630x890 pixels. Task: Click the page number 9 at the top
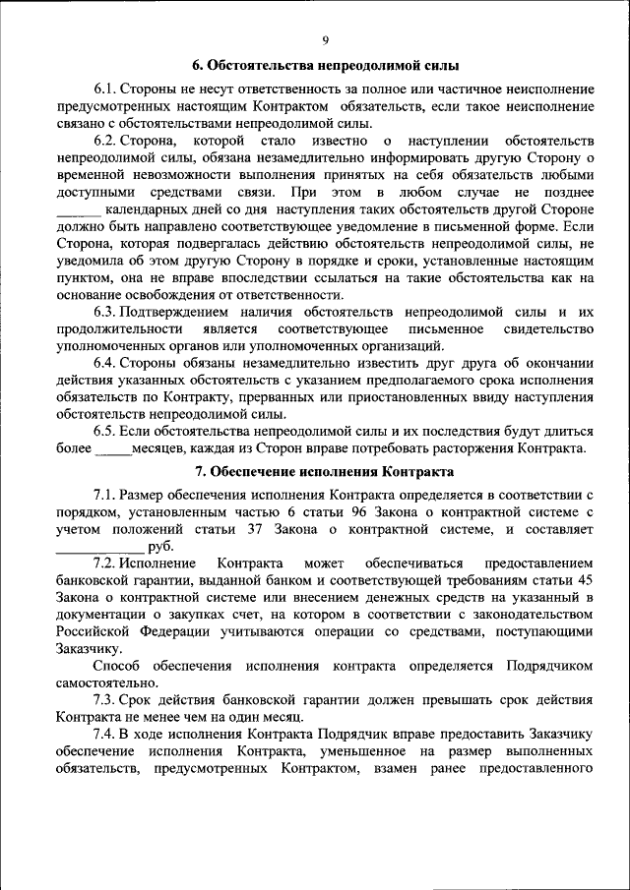(325, 39)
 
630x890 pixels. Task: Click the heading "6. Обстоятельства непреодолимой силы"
(325, 67)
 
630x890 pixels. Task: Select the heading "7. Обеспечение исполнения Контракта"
(325, 472)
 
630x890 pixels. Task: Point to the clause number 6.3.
(106, 312)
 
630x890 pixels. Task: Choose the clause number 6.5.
(106, 431)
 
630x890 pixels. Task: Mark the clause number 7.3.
(106, 700)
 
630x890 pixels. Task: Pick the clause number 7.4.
(106, 735)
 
